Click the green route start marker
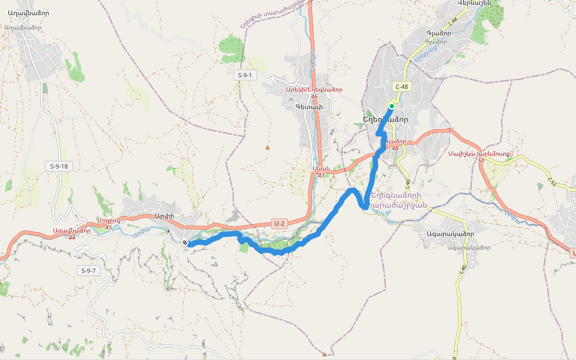point(391,106)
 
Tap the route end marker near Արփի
point(185,242)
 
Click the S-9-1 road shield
point(244,75)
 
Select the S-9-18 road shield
point(59,166)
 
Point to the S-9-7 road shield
point(88,271)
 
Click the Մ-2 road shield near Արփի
point(279,223)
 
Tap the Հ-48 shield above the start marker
point(401,87)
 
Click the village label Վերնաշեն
point(474,3)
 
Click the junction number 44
point(72,238)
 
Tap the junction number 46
point(314,97)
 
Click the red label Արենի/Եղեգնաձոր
point(314,89)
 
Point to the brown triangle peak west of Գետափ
point(268,147)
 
